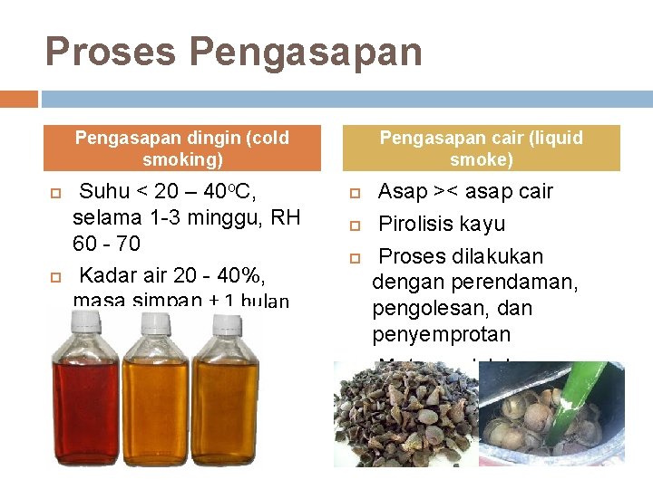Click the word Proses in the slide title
coord(109,52)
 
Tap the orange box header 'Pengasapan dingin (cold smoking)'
coord(182,149)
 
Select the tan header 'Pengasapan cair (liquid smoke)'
coord(481,149)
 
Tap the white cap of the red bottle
coord(88,320)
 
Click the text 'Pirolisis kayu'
coord(442,224)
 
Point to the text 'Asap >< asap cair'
coord(465,192)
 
